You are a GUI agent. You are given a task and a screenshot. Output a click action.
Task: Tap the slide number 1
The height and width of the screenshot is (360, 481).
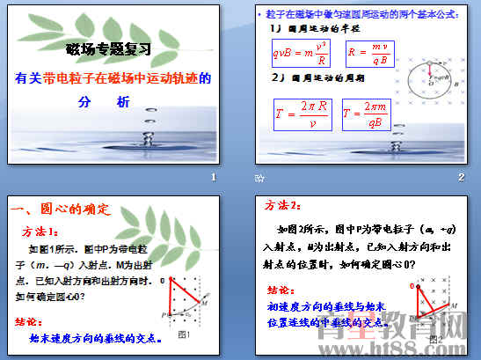[213, 178]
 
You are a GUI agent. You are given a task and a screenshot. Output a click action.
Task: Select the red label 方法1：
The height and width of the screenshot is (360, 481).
[42, 231]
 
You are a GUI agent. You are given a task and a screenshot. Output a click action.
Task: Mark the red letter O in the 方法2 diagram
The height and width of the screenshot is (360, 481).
[412, 287]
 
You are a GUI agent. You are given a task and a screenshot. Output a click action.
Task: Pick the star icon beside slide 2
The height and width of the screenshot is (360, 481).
[259, 179]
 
